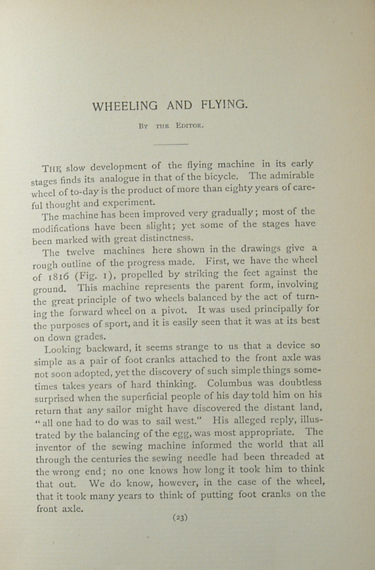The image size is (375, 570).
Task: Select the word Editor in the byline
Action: point(190,126)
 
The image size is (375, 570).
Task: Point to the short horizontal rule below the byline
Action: point(171,144)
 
